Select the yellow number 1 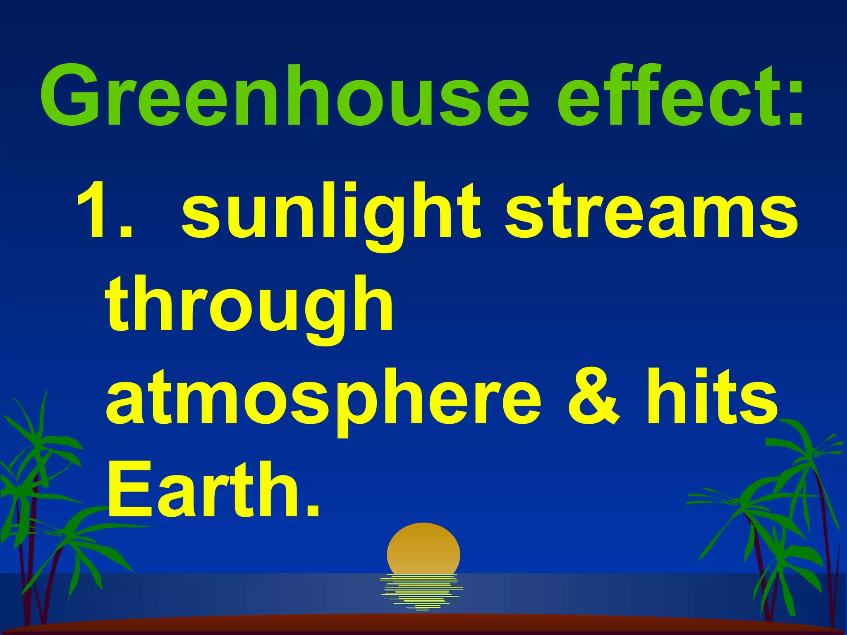[97, 211]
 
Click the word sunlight [331, 213]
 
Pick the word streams [651, 213]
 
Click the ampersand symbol [594, 397]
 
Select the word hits [711, 397]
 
